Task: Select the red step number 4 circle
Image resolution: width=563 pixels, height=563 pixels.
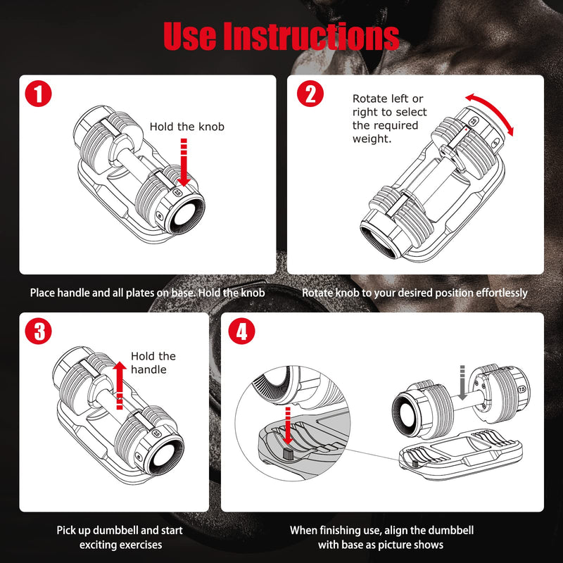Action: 241,331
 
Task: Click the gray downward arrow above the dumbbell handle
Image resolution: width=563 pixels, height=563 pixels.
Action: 462,384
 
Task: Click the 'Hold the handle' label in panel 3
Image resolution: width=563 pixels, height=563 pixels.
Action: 153,362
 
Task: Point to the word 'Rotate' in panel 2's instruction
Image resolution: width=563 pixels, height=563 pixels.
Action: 369,99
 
